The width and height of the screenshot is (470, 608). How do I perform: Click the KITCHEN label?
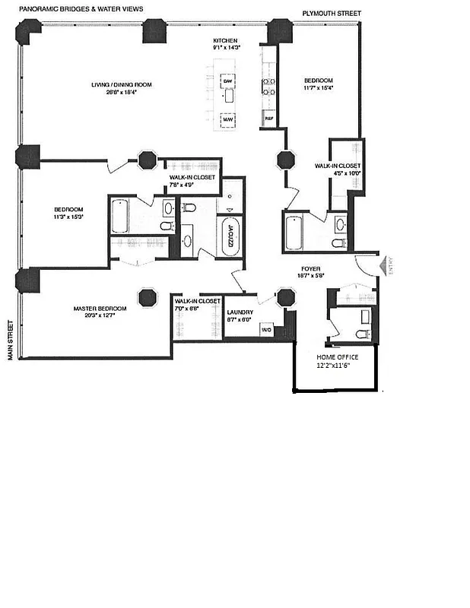tap(225, 40)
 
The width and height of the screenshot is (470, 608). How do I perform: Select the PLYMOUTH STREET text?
tap(332, 14)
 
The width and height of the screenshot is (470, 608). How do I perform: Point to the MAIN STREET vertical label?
tap(11, 340)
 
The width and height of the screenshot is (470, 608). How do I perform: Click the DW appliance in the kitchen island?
tap(227, 81)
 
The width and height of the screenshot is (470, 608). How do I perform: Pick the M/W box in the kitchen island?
tap(227, 119)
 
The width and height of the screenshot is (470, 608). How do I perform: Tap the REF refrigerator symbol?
tap(268, 119)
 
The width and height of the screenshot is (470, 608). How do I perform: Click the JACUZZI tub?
tap(227, 238)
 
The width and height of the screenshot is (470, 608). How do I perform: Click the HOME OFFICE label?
tap(336, 357)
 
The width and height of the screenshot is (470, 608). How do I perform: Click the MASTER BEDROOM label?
tap(100, 308)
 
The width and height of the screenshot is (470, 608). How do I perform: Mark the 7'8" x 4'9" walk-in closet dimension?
tap(192, 185)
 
